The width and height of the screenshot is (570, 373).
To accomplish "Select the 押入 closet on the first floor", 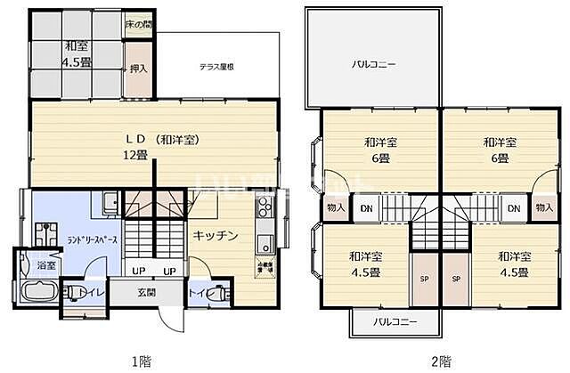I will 136,67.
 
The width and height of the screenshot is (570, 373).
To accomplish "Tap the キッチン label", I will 216,236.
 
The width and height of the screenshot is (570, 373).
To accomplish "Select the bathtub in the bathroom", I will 37,292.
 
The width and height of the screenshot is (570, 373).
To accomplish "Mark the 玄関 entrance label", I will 146,292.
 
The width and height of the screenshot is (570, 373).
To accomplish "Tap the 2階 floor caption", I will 439,361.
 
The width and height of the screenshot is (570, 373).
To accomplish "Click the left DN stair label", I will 366,208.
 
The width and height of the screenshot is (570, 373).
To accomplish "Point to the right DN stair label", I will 513,208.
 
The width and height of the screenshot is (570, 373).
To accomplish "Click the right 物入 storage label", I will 542,208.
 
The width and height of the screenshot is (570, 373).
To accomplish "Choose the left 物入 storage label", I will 336,208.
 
